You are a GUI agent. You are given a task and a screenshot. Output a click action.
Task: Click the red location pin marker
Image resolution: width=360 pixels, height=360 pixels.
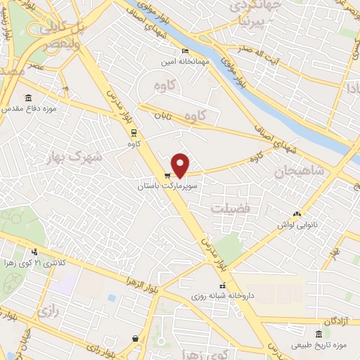tap(181, 165)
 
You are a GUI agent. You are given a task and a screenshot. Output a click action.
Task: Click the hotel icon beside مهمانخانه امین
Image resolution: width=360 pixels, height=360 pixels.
tap(185, 51)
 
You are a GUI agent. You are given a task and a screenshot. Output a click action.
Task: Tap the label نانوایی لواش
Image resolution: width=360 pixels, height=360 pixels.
tap(295, 225)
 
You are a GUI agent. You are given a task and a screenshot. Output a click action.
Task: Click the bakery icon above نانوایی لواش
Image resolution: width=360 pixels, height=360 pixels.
tap(296, 214)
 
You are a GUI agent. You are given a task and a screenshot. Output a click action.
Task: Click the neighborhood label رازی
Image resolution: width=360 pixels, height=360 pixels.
tap(48, 309)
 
